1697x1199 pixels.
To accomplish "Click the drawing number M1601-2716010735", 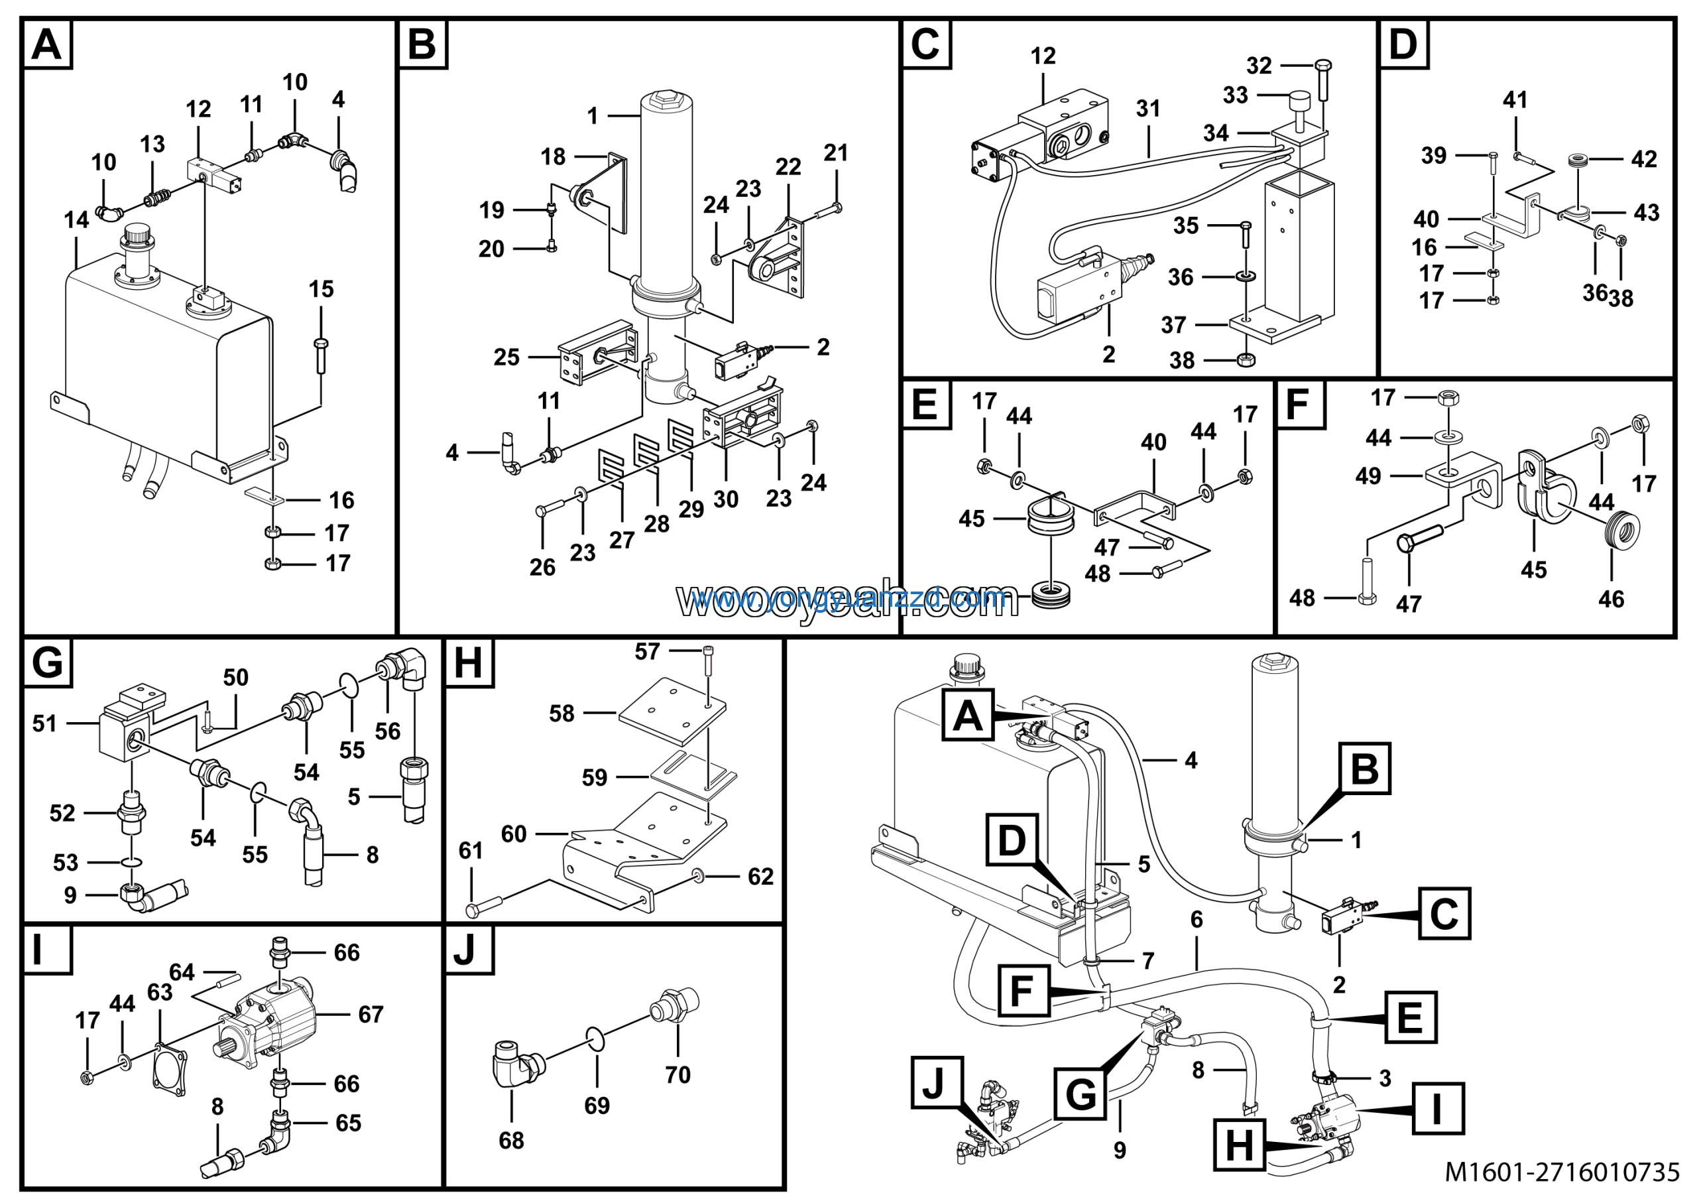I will point(1562,1172).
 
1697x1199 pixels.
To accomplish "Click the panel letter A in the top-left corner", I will point(46,44).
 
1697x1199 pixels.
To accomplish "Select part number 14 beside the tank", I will point(76,220).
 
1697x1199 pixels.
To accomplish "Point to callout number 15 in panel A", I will point(321,289).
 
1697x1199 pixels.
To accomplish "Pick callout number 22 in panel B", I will point(788,167).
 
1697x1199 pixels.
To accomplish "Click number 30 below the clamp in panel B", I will point(725,500).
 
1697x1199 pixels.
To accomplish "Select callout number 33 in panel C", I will point(1235,95).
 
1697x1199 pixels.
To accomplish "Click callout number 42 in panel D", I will point(1644,159).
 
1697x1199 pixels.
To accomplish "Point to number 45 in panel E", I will point(971,519).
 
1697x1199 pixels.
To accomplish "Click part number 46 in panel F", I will point(1611,599).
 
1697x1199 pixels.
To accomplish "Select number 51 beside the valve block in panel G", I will point(44,723).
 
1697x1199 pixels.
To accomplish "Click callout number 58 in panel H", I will point(561,714).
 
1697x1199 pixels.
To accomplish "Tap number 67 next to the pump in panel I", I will point(371,1014).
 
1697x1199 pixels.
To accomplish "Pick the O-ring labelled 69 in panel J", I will point(597,1038).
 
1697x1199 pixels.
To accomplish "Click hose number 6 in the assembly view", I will point(1197,920).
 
